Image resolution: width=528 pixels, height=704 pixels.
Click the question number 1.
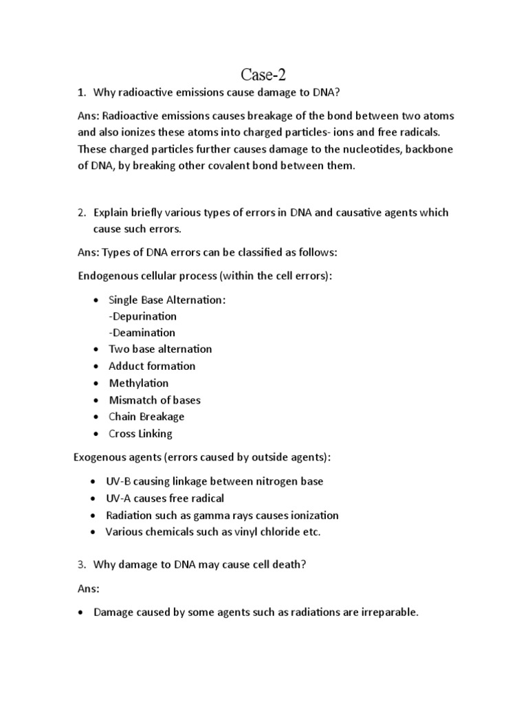click(x=80, y=93)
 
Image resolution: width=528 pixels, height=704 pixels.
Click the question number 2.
click(x=80, y=213)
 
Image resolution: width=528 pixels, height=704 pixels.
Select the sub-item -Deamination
click(x=142, y=333)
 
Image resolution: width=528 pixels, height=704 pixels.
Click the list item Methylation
click(x=138, y=383)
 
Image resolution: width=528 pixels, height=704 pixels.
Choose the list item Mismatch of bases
click(x=155, y=400)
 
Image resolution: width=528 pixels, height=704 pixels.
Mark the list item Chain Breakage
click(x=146, y=417)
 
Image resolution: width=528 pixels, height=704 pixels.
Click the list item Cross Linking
click(x=140, y=434)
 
